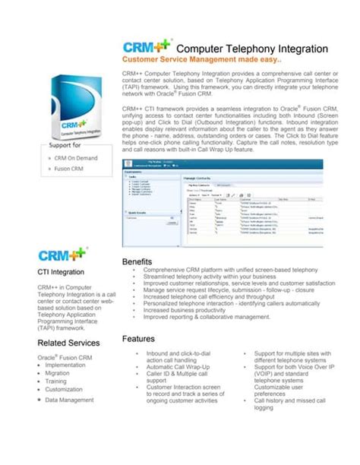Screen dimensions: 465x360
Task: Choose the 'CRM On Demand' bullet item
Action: pyautogui.click(x=76, y=157)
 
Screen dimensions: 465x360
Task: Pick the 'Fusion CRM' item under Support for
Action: pyautogui.click(x=71, y=168)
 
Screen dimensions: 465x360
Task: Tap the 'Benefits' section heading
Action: pyautogui.click(x=137, y=261)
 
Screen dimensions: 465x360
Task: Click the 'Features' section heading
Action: pyautogui.click(x=138, y=338)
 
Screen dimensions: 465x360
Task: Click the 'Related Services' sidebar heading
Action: pyautogui.click(x=68, y=343)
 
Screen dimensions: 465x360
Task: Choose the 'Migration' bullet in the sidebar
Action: pyautogui.click(x=57, y=373)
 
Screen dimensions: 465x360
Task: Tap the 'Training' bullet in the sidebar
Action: pyautogui.click(x=56, y=381)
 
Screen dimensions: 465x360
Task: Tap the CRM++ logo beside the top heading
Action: pyautogui.click(x=147, y=46)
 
